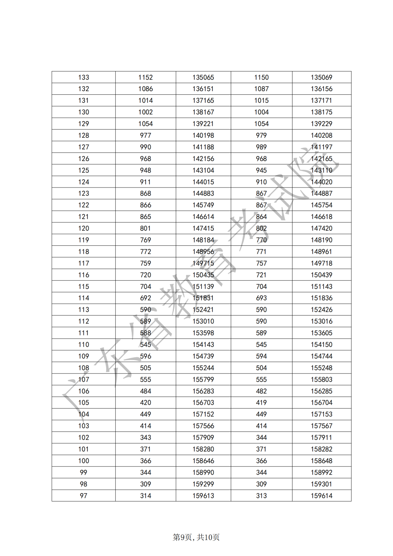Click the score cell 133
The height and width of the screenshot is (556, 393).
point(83,77)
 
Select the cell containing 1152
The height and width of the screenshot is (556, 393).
point(146,77)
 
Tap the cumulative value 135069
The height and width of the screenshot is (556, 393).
point(321,77)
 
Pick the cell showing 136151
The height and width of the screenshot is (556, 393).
point(203,89)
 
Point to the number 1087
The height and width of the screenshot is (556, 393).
point(261,89)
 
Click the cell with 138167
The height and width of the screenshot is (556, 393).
point(203,112)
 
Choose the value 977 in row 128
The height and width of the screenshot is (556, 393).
point(146,135)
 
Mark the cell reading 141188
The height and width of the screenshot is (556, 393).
point(203,147)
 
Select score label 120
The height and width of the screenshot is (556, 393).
point(83,228)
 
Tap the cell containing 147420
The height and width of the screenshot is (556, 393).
point(321,228)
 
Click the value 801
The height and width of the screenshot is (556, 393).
point(146,228)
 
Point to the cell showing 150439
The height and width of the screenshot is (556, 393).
point(321,275)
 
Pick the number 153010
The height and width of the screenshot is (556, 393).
point(203,321)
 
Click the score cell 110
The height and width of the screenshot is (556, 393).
point(83,344)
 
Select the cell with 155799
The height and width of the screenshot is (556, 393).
point(203,379)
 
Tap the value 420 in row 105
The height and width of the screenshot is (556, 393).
point(146,403)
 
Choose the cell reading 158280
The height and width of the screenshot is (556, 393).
point(203,449)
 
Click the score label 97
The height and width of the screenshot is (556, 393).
point(83,496)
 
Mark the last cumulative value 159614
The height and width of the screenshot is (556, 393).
point(321,496)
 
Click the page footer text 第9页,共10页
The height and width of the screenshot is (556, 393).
point(196,537)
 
